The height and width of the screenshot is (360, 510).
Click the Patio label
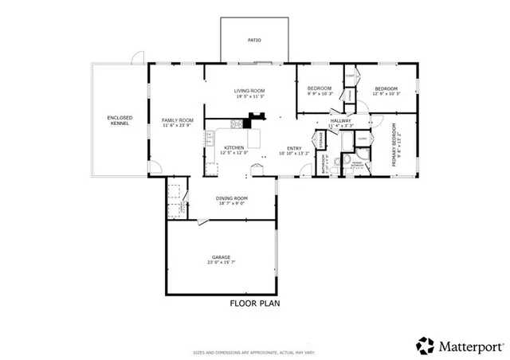[x=254, y=40]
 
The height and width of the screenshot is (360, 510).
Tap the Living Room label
[x=249, y=91]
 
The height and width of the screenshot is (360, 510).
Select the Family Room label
[x=178, y=119]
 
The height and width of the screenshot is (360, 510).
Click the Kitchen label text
[x=233, y=147]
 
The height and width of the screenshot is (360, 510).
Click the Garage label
[x=221, y=257]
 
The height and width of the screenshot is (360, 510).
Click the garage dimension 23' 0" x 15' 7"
[x=221, y=263]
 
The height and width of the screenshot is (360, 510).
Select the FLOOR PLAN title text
[x=254, y=303]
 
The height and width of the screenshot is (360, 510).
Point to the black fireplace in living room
[x=256, y=120]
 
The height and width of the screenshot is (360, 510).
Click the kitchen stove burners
[x=235, y=123]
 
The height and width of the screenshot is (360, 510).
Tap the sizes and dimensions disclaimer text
[x=254, y=351]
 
